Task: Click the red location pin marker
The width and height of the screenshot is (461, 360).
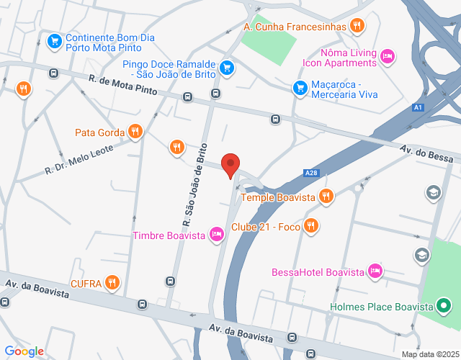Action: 230,165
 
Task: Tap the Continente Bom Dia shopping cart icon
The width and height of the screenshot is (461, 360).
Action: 54,42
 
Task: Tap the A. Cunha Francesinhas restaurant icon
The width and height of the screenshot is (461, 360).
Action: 357,27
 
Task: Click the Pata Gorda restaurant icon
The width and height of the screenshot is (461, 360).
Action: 135,131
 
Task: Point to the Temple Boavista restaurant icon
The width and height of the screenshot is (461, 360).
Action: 326,196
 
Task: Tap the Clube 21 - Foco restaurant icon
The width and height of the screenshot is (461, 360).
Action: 311,226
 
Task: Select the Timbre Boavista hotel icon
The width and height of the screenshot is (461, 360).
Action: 216,234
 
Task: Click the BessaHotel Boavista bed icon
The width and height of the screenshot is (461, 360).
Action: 374,271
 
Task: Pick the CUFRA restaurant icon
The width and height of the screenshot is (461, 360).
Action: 112,282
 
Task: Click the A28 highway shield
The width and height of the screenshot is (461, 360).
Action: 310,173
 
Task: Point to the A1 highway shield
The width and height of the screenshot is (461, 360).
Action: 417,108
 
